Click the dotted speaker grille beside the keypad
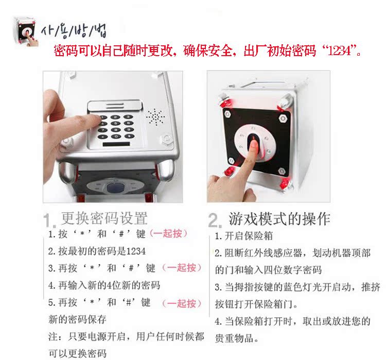coord(155,117)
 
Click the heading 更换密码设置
coord(104,218)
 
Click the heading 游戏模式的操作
coord(279,218)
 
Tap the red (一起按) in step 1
coord(169,233)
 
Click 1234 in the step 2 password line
coord(136,251)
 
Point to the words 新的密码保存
coord(77,319)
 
